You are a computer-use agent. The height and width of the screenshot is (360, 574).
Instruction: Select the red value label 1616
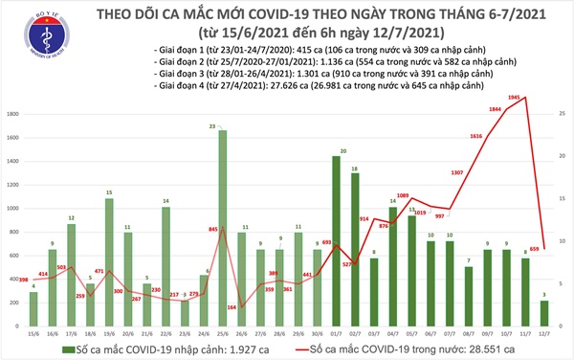(x=476, y=138)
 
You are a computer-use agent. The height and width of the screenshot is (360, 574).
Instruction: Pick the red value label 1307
(x=457, y=173)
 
